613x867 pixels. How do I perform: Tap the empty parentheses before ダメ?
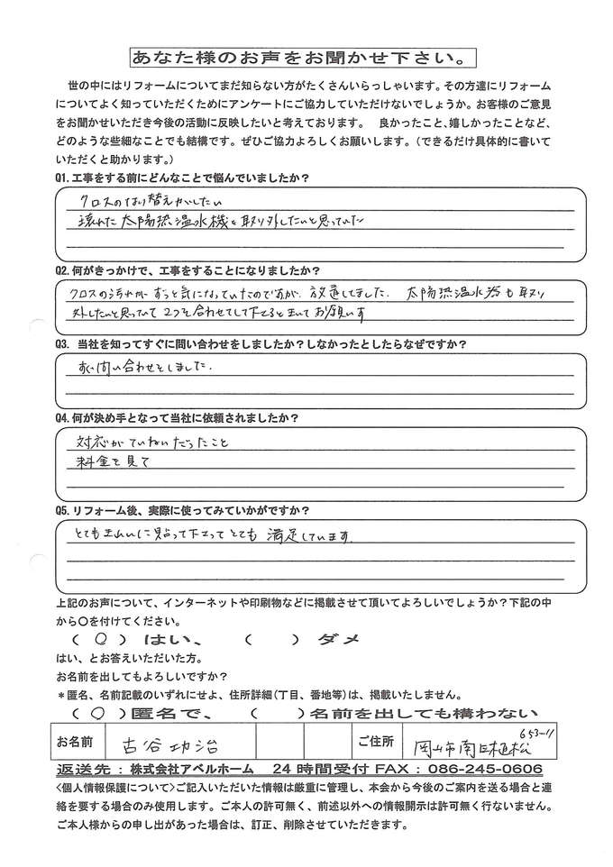(270, 637)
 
